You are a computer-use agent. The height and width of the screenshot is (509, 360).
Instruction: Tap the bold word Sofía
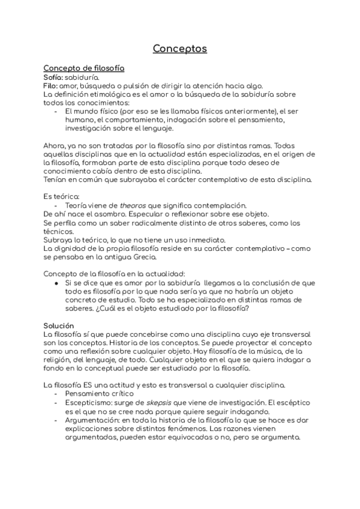[x=55, y=77]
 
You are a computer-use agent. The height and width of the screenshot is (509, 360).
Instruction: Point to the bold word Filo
[x=50, y=86]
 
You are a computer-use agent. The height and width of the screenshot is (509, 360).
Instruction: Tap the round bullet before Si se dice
[x=56, y=283]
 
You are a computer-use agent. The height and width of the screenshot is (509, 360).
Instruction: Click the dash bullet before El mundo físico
[x=56, y=112]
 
